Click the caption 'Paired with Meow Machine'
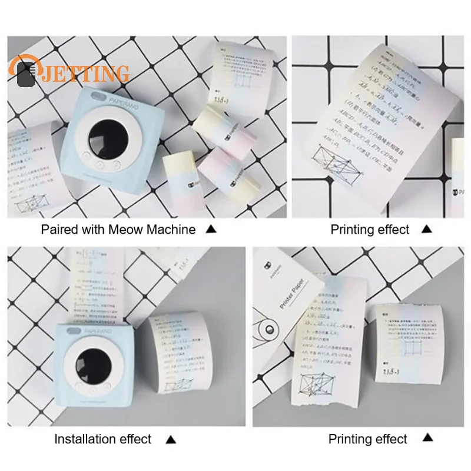coord(118,230)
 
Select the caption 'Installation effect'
coord(103,439)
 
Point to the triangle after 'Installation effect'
coord(170,439)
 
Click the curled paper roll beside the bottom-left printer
coord(177,359)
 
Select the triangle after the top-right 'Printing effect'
coord(427,230)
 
